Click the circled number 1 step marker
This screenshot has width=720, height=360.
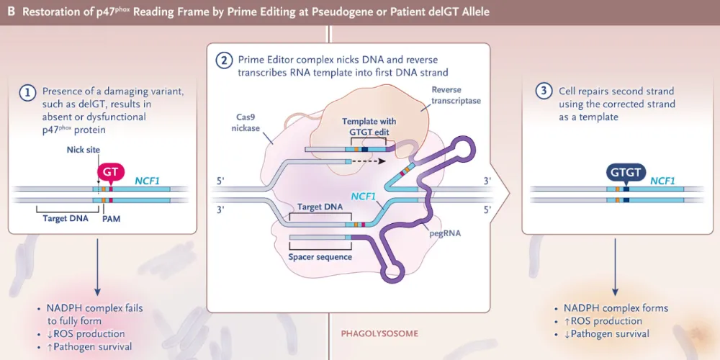(x=28, y=92)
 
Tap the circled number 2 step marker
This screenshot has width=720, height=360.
(x=225, y=60)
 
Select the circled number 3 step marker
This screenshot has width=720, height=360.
(x=544, y=92)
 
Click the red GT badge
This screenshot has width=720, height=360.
(x=111, y=172)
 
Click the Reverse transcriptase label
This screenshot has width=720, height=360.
(x=454, y=95)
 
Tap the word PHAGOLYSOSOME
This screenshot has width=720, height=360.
(x=379, y=334)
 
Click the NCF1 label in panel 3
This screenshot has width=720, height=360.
(x=662, y=180)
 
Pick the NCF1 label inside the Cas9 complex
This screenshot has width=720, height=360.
(x=364, y=196)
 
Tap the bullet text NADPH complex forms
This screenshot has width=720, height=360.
(x=616, y=308)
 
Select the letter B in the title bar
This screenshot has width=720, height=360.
(x=11, y=12)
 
